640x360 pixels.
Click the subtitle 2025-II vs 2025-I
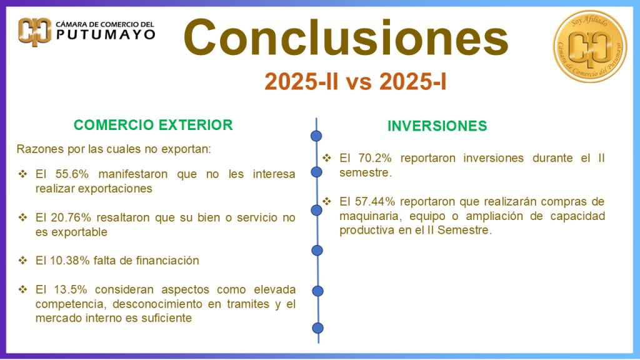point(355,81)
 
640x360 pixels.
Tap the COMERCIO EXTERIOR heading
point(153,124)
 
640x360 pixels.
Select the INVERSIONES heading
point(437,126)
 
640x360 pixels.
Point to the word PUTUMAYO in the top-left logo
point(106,35)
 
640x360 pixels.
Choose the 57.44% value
point(378,201)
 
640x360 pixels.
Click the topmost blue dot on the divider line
point(317,136)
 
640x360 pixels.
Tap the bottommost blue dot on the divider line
point(318,327)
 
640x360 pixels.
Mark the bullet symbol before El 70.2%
point(327,158)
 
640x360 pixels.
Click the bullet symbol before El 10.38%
point(23,260)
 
